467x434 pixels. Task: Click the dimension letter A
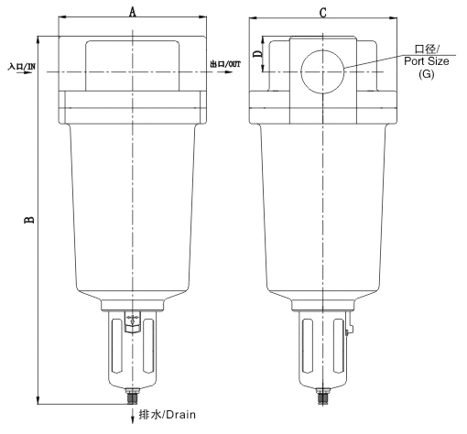132,12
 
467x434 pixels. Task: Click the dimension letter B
29,220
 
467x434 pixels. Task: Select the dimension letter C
323,13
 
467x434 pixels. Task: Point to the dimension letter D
258,54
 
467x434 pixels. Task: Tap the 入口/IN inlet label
22,66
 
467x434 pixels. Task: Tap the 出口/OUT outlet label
225,64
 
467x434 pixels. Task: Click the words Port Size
427,61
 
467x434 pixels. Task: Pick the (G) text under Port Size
426,74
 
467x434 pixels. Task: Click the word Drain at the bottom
180,415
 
